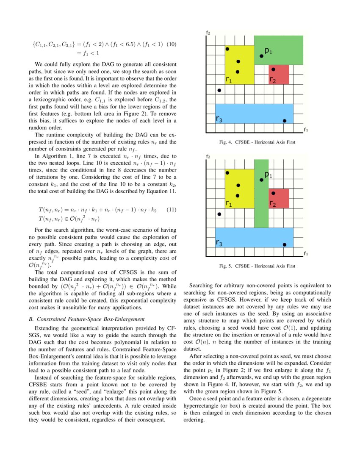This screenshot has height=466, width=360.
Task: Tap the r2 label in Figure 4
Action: [x=273, y=79]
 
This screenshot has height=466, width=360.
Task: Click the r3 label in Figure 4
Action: [x=219, y=120]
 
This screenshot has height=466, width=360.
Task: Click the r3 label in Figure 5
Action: [x=219, y=243]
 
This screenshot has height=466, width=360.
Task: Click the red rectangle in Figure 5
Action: [x=279, y=198]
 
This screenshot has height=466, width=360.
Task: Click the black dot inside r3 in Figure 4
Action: [x=285, y=121]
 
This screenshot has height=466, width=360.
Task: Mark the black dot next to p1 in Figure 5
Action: [x=261, y=180]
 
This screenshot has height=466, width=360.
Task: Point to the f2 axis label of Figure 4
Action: [x=208, y=33]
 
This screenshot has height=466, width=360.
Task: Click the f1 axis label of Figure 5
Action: [x=306, y=253]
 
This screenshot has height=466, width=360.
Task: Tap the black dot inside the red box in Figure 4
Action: [x=273, y=69]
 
